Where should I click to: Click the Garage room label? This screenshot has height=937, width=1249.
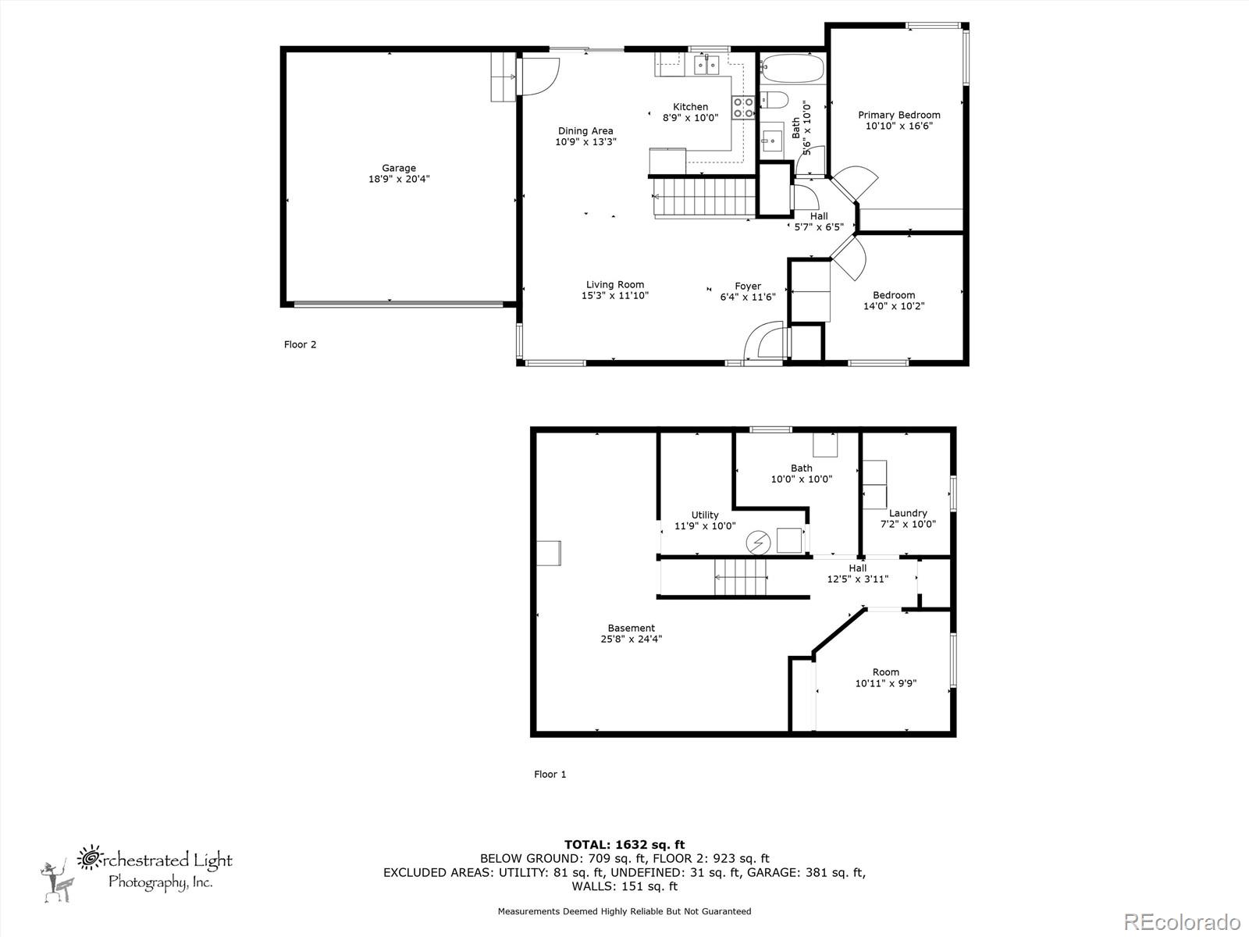coord(398,168)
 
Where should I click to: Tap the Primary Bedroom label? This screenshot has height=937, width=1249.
coord(899,115)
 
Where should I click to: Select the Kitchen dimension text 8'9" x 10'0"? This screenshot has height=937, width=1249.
coord(690,118)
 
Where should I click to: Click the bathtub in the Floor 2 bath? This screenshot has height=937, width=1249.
coord(792,69)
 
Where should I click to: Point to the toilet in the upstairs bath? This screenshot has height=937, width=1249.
coord(774,100)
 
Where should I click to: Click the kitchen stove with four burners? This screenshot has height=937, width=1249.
coord(743,107)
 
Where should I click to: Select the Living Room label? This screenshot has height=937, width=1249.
coord(615,285)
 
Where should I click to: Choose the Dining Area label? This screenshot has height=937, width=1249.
coord(585,131)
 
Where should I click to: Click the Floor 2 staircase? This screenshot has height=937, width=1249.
coord(703,197)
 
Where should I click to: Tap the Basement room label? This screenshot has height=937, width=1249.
coord(631,628)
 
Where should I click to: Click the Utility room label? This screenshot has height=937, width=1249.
coord(705,515)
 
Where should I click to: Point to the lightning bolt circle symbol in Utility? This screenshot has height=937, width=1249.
coord(757,541)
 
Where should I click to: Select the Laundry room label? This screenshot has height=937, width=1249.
coord(908,513)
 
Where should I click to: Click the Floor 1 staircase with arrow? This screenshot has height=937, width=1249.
coord(742,578)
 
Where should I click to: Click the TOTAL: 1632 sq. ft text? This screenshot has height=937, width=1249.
coord(624,844)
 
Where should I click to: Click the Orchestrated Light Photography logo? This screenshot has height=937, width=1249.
coord(137,871)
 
